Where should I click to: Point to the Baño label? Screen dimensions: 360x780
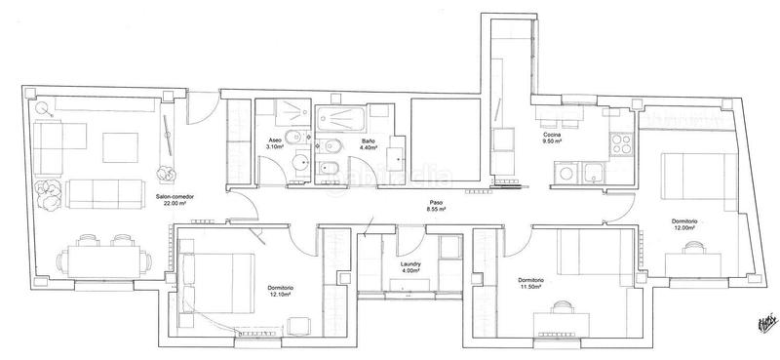click(369, 140)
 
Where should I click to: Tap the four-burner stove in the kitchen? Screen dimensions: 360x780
click(620, 147)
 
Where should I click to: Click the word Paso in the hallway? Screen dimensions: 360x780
click(434, 203)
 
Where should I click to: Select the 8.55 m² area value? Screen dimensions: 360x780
click(435, 210)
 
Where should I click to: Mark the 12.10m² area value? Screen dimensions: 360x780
click(281, 295)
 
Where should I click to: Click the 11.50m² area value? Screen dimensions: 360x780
click(531, 288)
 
